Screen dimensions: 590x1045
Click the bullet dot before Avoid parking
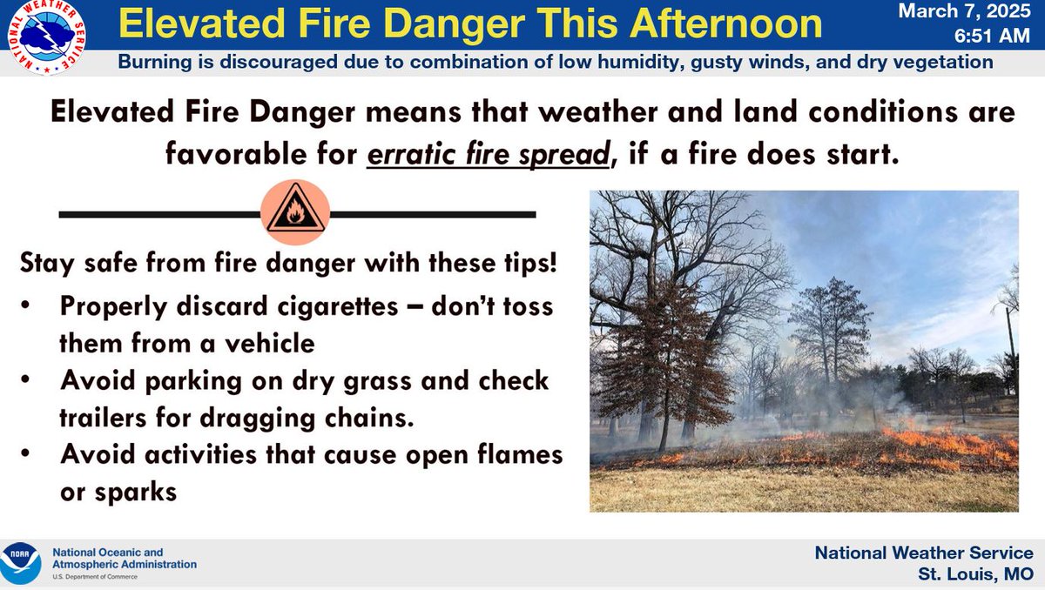pyautogui.click(x=31, y=381)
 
